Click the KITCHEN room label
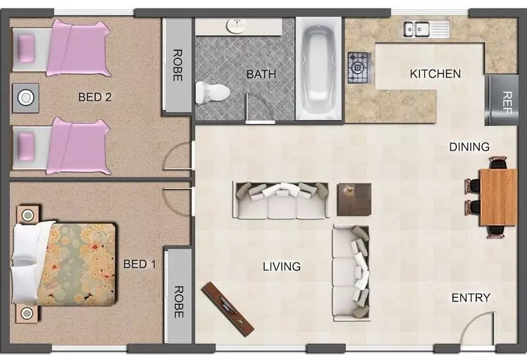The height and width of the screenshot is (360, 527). pyautogui.click(x=435, y=74)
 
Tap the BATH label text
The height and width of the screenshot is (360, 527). pyautogui.click(x=262, y=74)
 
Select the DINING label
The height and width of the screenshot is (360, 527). pyautogui.click(x=469, y=147)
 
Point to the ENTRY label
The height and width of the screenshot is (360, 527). pyautogui.click(x=470, y=298)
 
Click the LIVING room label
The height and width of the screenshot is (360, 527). pyautogui.click(x=281, y=267)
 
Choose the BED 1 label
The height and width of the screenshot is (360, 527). pyautogui.click(x=140, y=264)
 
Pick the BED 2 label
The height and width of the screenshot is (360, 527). pyautogui.click(x=94, y=97)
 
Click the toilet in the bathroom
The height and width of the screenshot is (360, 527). pyautogui.click(x=213, y=92)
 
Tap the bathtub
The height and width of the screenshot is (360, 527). pyautogui.click(x=319, y=69)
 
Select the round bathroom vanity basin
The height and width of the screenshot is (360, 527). pyautogui.click(x=237, y=26)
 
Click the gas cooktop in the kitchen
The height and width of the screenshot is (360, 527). pyautogui.click(x=360, y=67)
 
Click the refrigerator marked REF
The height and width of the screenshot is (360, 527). pyautogui.click(x=501, y=100)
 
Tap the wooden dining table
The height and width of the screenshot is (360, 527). pyautogui.click(x=498, y=197)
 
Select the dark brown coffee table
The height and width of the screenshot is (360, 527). pyautogui.click(x=354, y=199)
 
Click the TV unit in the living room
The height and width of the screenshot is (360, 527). pyautogui.click(x=228, y=309)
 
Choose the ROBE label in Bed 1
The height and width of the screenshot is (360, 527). pyautogui.click(x=179, y=302)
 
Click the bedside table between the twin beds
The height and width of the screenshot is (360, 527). pyautogui.click(x=26, y=98)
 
